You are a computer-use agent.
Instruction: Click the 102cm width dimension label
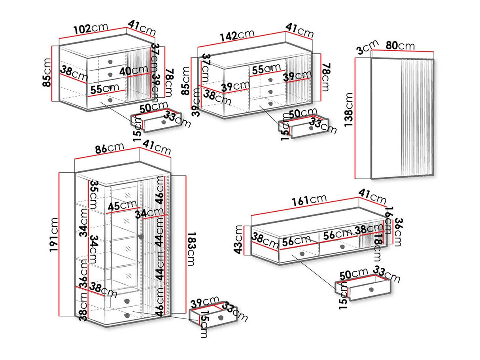(x=91, y=28)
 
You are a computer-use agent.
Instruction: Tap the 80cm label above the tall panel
(x=400, y=45)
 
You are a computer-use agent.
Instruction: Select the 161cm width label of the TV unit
(x=309, y=200)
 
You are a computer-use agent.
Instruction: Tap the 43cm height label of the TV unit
(x=239, y=240)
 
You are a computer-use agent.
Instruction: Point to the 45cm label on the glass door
(x=122, y=206)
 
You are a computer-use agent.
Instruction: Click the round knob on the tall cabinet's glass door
(x=140, y=237)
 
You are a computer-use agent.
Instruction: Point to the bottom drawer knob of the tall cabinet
(x=127, y=315)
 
